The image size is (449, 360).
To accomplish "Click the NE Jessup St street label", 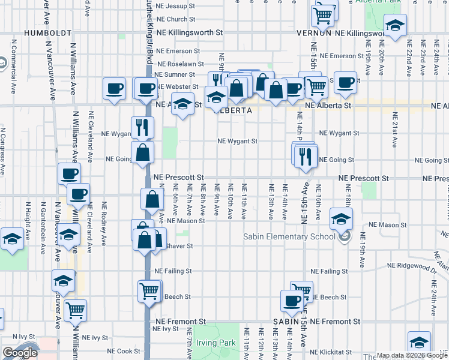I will click(x=175, y=6).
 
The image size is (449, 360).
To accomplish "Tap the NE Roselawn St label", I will click(x=178, y=64).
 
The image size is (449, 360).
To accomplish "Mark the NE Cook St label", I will click(x=123, y=351).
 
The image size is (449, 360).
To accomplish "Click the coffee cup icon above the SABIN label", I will click(x=293, y=301).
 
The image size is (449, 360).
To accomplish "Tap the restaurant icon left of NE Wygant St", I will click(x=142, y=127).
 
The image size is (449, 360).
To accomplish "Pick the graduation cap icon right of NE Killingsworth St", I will click(x=395, y=27).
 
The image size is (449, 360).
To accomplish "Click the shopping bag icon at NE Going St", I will click(x=143, y=153).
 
